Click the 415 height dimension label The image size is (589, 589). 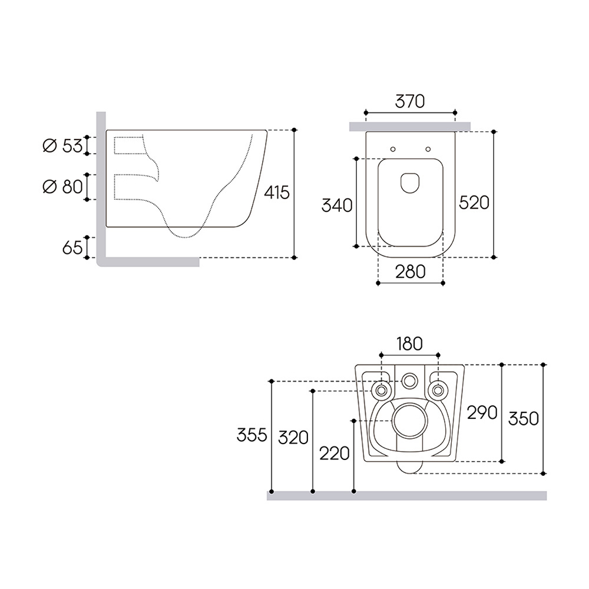(x=277, y=193)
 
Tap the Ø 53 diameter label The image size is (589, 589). (x=63, y=145)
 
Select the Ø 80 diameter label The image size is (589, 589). (x=63, y=187)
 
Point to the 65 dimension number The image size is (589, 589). (x=72, y=247)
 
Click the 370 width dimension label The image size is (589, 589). (x=410, y=101)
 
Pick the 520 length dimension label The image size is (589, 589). (x=474, y=203)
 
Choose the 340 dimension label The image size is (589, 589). (x=337, y=205)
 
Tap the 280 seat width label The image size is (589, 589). (x=410, y=272)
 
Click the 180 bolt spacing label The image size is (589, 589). (x=409, y=344)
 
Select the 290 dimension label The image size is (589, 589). (x=482, y=413)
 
